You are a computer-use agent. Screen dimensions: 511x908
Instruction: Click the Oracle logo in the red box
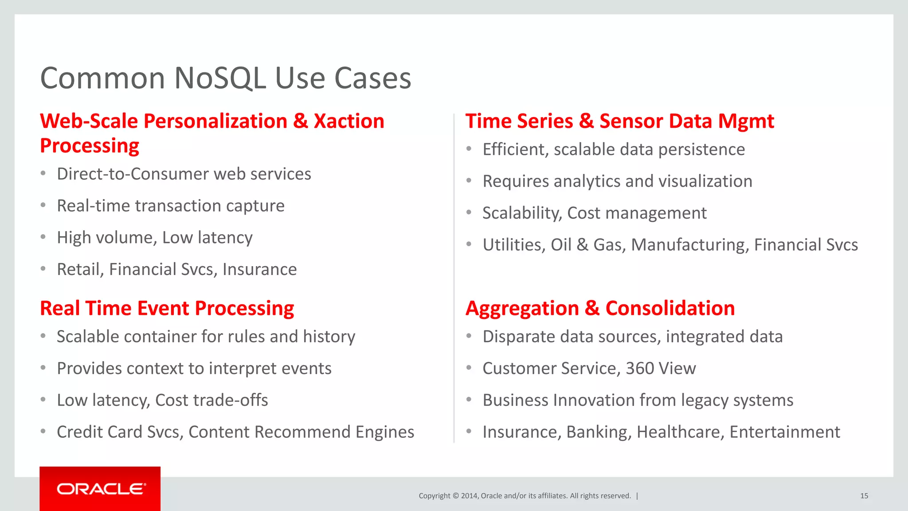[x=101, y=489]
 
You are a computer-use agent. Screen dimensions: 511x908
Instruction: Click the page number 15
[x=864, y=496]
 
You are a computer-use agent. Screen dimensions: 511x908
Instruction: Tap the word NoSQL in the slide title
[x=220, y=79]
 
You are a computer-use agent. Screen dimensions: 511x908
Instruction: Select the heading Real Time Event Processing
[x=167, y=308]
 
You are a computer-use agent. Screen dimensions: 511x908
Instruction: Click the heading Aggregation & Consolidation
[x=600, y=308]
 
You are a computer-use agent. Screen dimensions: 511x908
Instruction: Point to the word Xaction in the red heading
[x=349, y=122]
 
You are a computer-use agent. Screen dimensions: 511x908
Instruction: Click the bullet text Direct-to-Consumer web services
[x=184, y=174]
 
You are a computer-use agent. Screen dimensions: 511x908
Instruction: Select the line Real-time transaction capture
[x=171, y=206]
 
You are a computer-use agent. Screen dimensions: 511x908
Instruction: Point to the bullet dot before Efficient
[x=469, y=149]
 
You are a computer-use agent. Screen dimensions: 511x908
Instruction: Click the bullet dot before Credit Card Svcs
[x=43, y=431]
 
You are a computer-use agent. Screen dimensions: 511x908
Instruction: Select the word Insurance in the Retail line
[x=259, y=270]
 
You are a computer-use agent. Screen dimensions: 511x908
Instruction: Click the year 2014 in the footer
[x=469, y=496]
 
